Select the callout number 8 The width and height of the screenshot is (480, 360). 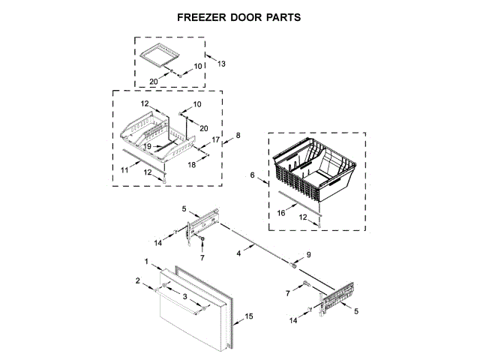tap(238, 135)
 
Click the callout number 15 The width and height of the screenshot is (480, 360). tap(250, 316)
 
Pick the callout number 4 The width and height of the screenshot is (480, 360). tap(238, 253)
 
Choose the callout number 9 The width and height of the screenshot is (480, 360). tap(308, 255)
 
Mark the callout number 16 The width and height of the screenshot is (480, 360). tap(282, 213)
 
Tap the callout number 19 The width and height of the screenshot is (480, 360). tap(148, 145)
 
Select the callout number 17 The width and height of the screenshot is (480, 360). tap(215, 139)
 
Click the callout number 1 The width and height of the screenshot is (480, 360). tap(147, 262)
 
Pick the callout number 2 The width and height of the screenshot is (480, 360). tap(138, 280)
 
